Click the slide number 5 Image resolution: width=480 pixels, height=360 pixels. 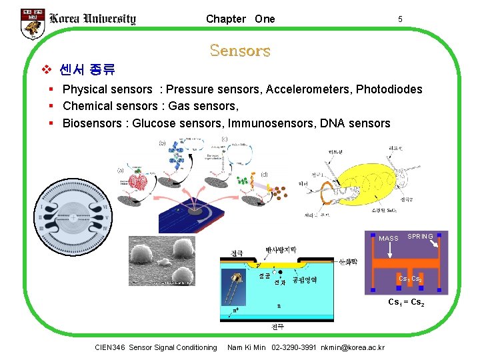coord(399,19)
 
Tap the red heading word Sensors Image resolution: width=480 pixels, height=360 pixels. coord(239,51)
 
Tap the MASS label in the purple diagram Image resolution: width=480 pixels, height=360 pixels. coord(388,239)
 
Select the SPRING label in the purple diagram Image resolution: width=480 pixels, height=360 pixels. coord(420,237)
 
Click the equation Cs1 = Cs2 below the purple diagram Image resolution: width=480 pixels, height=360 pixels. coord(406,303)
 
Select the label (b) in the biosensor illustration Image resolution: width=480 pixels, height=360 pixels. coord(162,143)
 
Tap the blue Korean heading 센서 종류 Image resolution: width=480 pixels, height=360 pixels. coord(87,69)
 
